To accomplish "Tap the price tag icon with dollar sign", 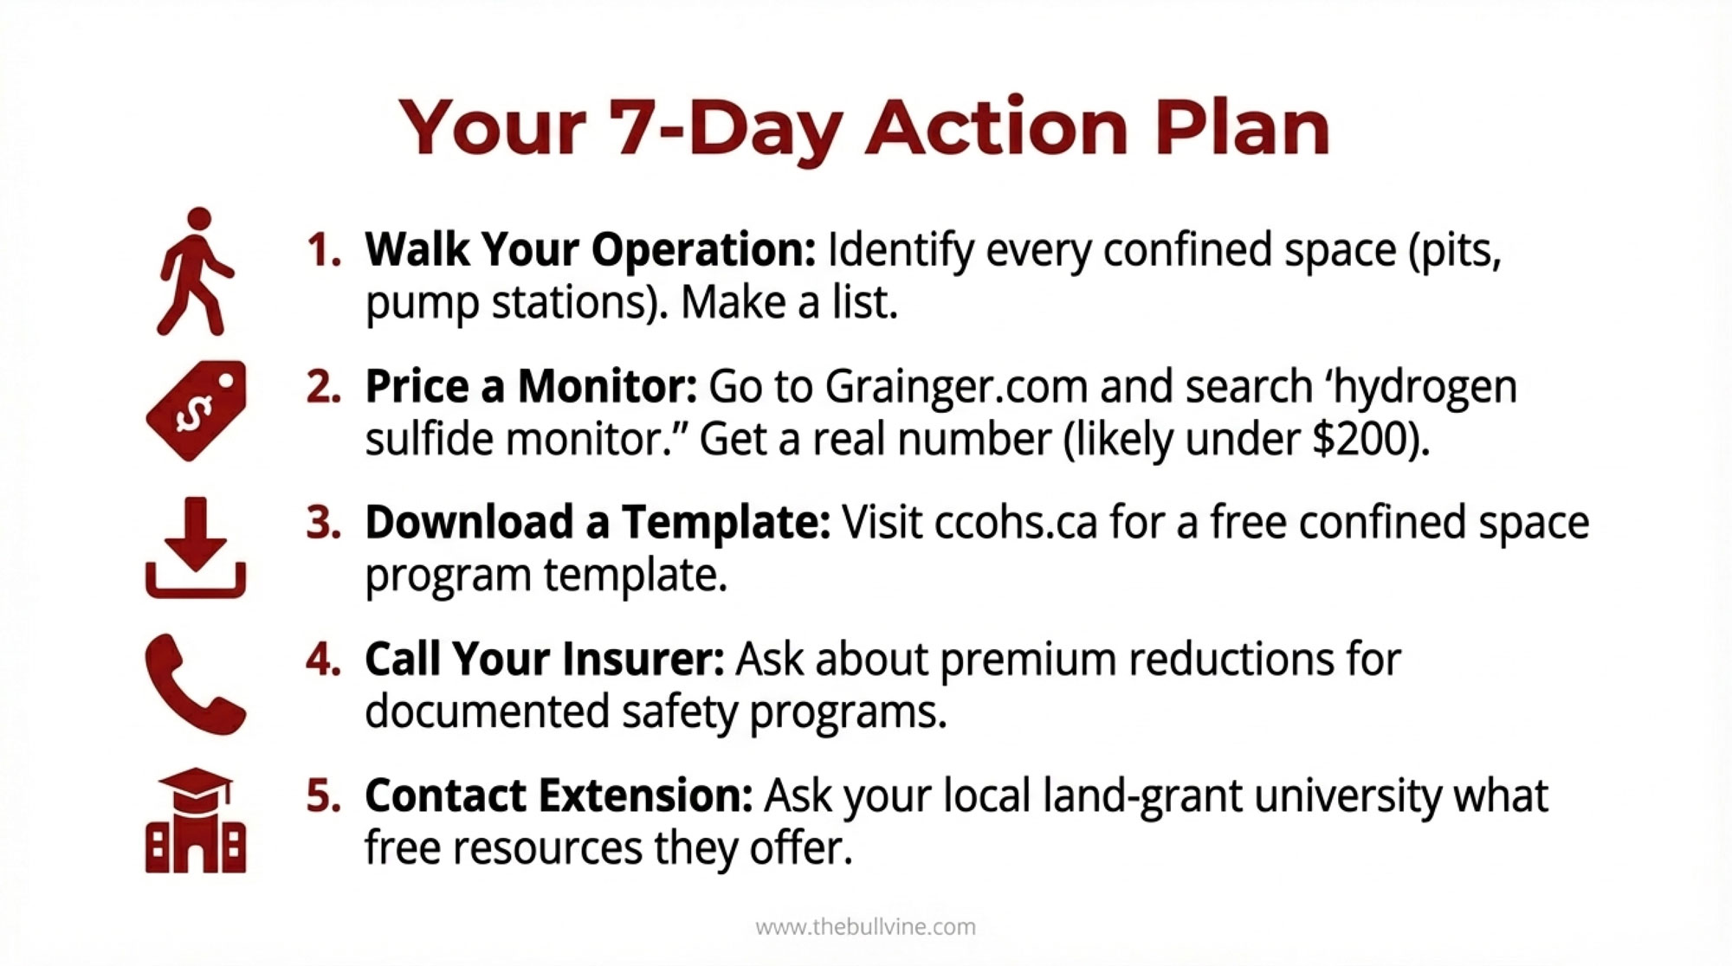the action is [x=197, y=410].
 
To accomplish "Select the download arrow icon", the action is [x=196, y=548].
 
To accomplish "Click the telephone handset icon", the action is [x=196, y=685].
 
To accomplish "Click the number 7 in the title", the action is [x=637, y=127].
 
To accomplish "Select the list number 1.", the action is [x=324, y=250].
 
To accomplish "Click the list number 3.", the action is [x=324, y=523].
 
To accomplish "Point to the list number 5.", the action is [x=324, y=795].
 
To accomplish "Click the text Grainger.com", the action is [x=956, y=387].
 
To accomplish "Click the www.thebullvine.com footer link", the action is [x=866, y=927].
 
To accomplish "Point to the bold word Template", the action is [x=726, y=524].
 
